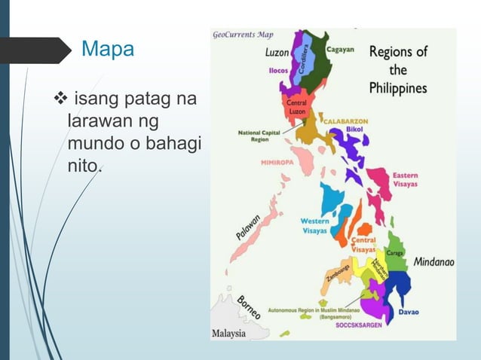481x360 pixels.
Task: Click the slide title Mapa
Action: pos(108,50)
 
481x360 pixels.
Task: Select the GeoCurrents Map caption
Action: pos(243,34)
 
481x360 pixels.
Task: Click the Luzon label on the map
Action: pos(275,53)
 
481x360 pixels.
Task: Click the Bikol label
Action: pos(354,129)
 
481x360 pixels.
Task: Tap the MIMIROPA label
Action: pos(277,161)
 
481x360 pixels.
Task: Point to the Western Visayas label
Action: pos(314,226)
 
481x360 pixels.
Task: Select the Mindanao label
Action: pos(434,263)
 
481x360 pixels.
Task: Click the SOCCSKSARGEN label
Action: pos(358,325)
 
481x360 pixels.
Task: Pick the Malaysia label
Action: pos(228,332)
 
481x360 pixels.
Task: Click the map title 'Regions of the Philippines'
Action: pos(397,70)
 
